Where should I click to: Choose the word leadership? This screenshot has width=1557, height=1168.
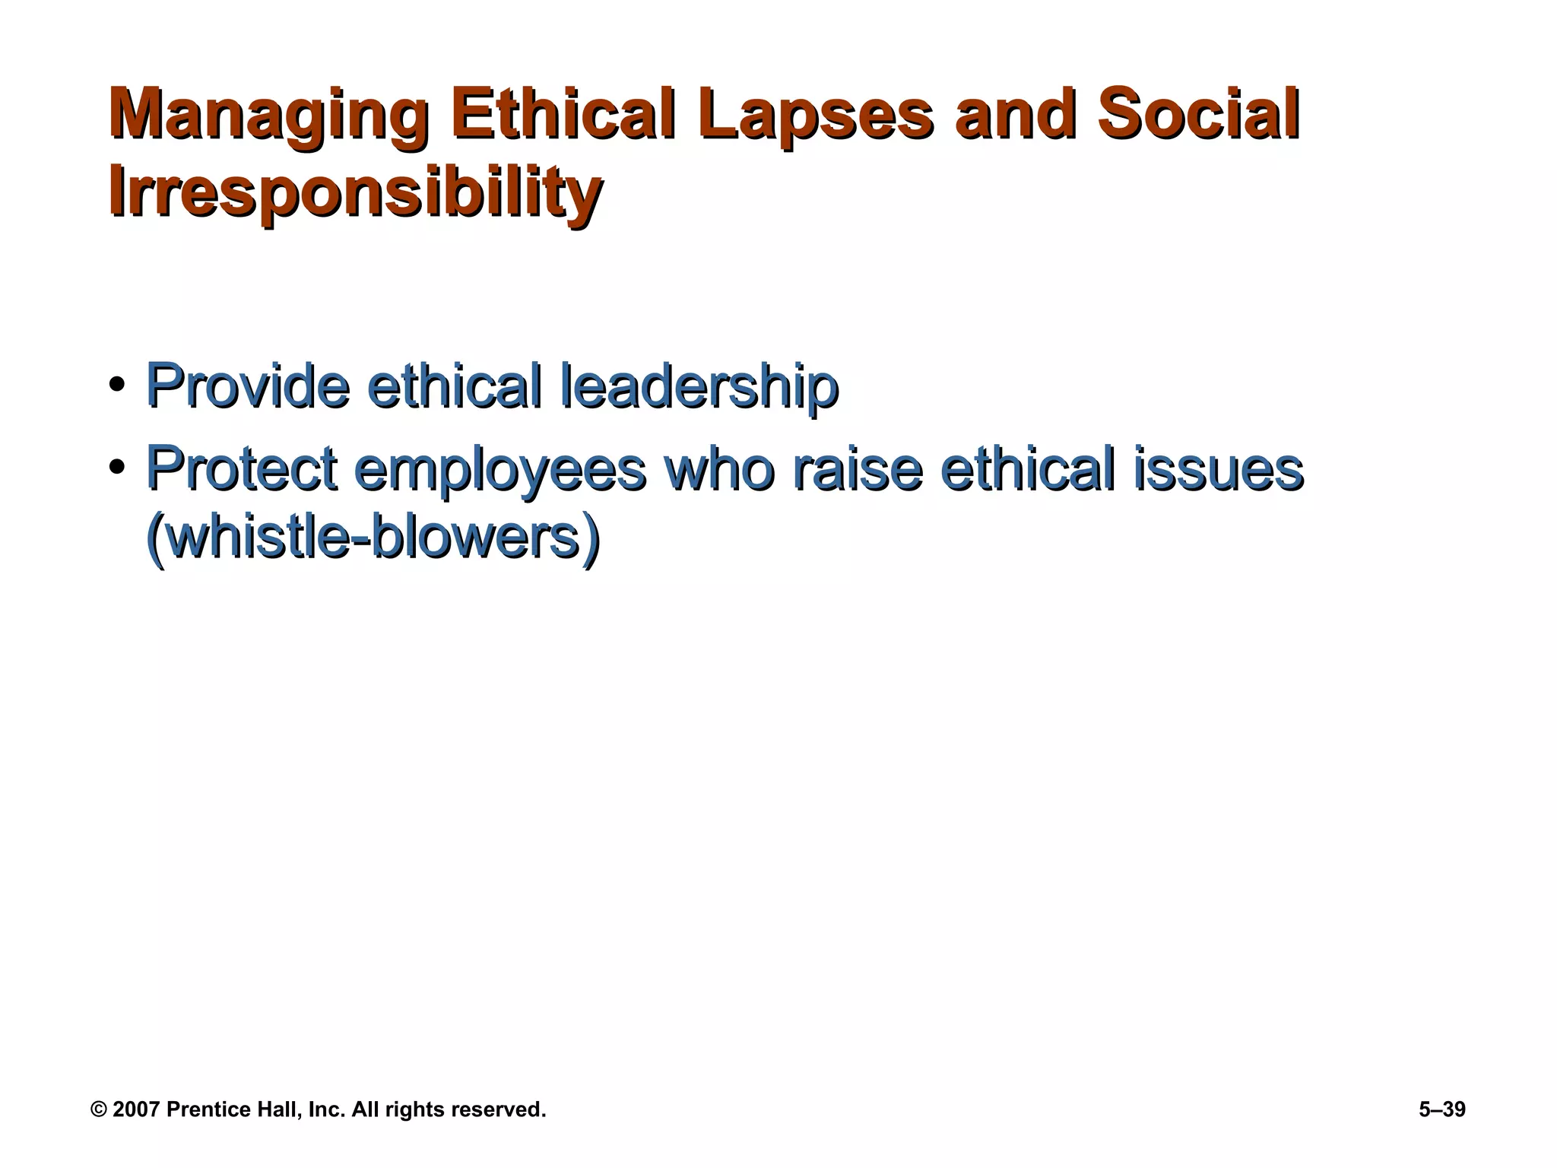[699, 386]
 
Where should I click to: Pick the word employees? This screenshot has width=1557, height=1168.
[500, 470]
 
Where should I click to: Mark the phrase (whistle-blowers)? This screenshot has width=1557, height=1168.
[373, 538]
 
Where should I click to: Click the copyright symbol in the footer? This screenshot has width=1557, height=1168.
[98, 1110]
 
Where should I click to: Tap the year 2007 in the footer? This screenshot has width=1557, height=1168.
[135, 1110]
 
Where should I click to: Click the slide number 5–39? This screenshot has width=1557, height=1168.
[1441, 1110]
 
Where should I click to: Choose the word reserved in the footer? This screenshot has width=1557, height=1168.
[497, 1110]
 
